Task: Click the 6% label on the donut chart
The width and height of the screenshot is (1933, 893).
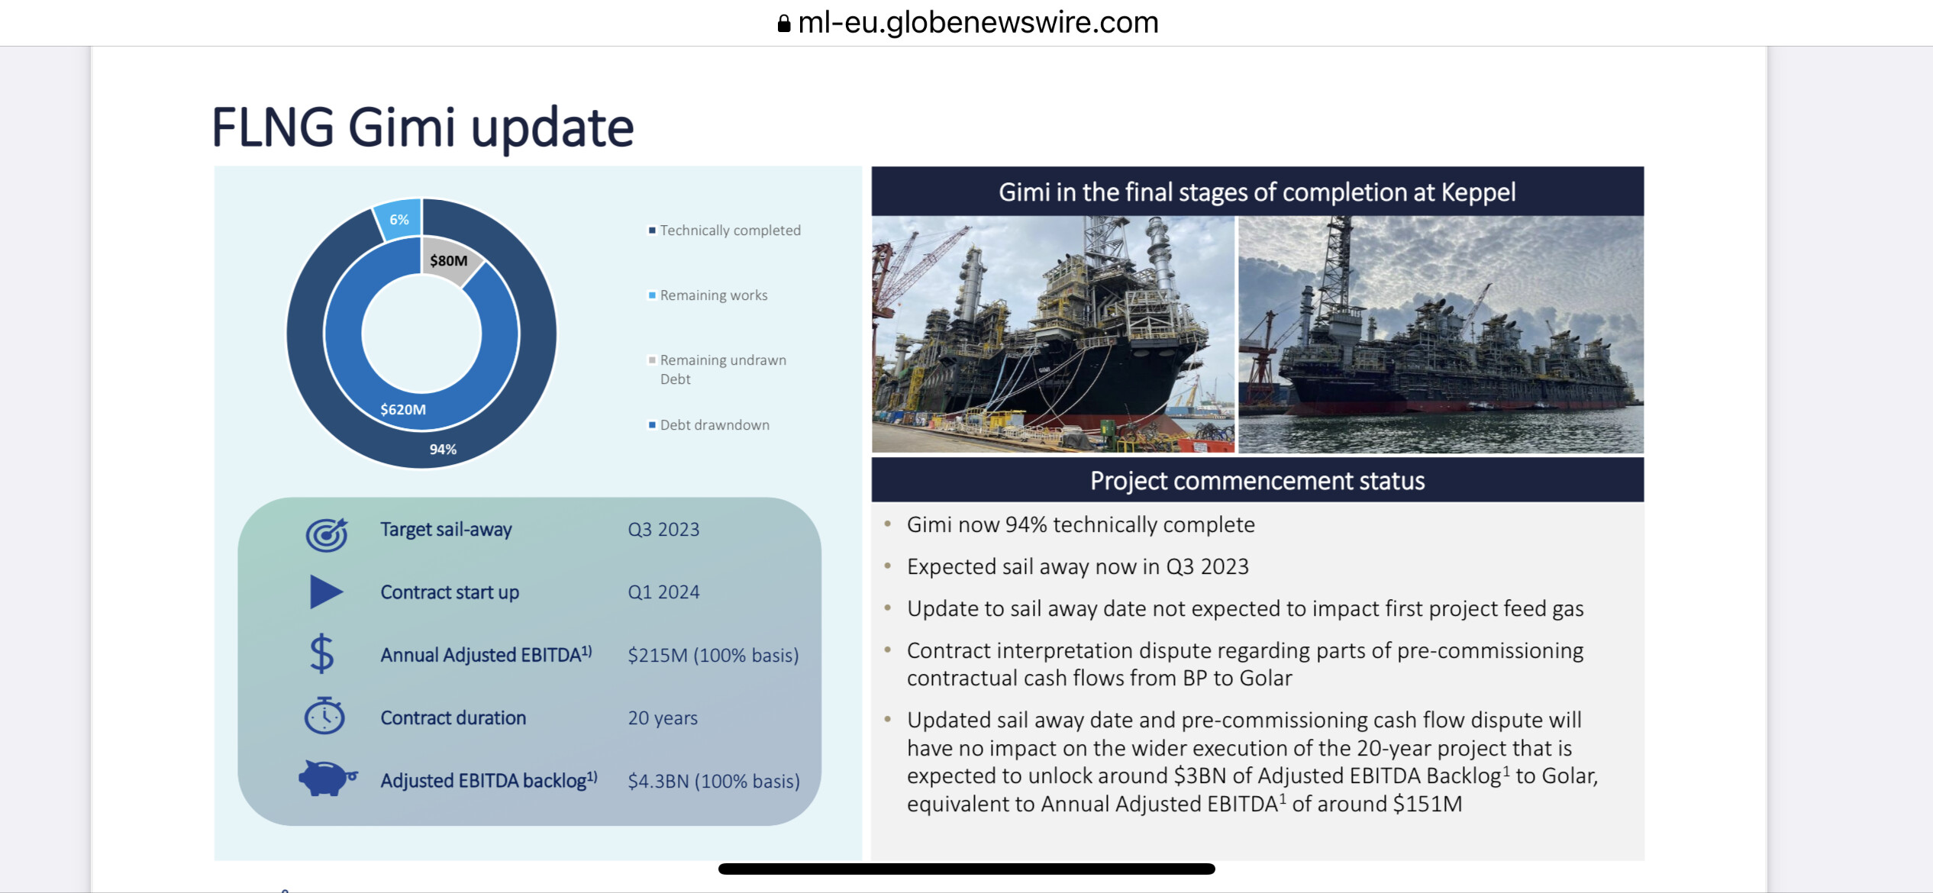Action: coord(399,220)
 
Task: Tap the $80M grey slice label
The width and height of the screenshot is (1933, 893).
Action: coord(448,260)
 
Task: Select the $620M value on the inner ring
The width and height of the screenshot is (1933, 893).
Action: coord(403,409)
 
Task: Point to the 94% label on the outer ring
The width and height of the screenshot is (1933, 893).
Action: coord(443,449)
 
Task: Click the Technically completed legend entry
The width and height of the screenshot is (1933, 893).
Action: coord(724,231)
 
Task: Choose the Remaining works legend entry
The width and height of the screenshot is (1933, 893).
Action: coord(708,295)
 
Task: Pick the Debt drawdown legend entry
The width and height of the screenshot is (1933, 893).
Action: coord(708,425)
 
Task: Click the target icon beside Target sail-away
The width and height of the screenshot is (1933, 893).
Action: coord(327,534)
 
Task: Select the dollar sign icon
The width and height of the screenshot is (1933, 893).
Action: coord(322,653)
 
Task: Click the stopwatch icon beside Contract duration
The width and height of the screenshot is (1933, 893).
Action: coord(324,715)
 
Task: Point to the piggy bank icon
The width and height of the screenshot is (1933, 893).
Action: coord(328,778)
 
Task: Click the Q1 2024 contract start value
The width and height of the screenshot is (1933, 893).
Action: coord(663,592)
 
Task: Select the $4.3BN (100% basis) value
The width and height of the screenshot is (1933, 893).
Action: coord(714,781)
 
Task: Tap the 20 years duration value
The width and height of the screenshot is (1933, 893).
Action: coord(663,717)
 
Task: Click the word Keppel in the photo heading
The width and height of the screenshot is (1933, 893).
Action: coord(1478,192)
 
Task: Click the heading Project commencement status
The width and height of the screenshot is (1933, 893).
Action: coord(1257,481)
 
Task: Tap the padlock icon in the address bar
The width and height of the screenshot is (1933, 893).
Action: coord(783,24)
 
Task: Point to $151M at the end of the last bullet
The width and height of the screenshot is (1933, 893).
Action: coord(1428,804)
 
